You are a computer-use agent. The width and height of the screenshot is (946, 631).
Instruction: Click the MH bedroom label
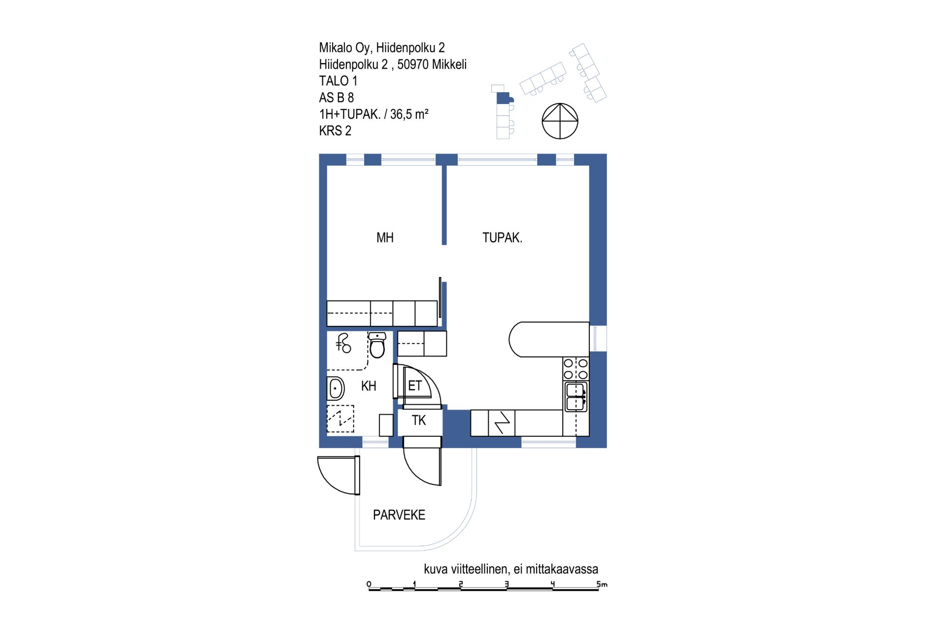(385, 238)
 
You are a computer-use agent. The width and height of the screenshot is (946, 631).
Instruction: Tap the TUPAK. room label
(502, 238)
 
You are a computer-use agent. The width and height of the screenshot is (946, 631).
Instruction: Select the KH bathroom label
(369, 386)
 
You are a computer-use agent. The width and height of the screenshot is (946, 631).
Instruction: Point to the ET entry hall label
(415, 386)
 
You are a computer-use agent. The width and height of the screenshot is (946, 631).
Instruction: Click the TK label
(419, 421)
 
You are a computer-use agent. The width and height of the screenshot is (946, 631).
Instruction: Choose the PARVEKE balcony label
(399, 515)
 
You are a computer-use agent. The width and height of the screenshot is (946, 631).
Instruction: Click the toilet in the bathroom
(377, 345)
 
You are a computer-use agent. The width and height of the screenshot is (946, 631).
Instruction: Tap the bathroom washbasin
(336, 388)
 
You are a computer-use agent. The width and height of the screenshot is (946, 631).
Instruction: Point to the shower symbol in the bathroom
(343, 343)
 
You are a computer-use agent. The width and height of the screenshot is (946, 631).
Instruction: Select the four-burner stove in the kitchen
(575, 369)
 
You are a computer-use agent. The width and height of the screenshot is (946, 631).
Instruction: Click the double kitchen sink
(576, 397)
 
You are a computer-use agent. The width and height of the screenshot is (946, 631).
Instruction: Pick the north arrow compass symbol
(560, 121)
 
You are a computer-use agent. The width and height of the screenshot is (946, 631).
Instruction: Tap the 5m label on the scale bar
(602, 584)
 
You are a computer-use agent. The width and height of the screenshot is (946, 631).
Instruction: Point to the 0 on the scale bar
(369, 584)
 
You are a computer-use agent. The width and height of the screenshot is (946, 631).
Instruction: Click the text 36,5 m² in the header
(409, 114)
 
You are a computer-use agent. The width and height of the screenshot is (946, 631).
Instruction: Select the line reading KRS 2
(335, 131)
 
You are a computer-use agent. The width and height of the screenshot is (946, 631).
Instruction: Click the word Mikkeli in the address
(450, 65)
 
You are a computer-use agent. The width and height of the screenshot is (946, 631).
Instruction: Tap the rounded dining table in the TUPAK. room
(549, 339)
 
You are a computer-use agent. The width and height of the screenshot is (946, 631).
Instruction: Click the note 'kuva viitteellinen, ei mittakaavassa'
(511, 569)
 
